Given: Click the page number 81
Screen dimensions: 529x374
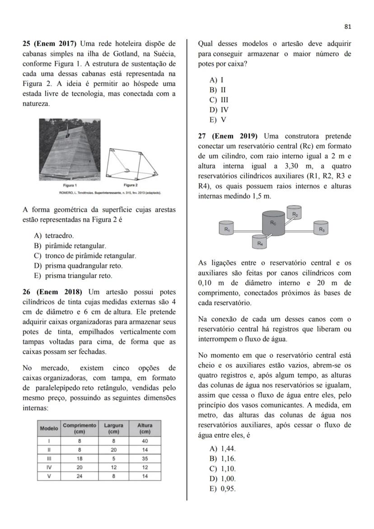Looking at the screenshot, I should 347,27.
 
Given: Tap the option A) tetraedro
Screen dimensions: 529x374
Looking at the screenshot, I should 54,235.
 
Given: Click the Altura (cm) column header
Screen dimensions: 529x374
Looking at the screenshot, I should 145,428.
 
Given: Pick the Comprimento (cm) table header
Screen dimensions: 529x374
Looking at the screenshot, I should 79,428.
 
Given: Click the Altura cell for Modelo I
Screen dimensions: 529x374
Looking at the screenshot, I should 145,441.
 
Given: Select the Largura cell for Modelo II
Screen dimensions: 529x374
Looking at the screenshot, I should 113,449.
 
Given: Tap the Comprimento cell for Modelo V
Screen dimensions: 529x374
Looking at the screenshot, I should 79,476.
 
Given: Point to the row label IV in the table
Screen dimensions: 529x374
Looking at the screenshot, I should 49,467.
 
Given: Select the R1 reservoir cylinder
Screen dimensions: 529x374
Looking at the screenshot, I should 227,228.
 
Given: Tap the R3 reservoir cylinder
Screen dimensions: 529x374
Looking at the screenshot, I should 321,228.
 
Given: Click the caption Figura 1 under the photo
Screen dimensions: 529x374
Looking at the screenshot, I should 70,186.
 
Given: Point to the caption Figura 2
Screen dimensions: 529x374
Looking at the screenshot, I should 130,186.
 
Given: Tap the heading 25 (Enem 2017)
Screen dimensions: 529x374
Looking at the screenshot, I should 50,44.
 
